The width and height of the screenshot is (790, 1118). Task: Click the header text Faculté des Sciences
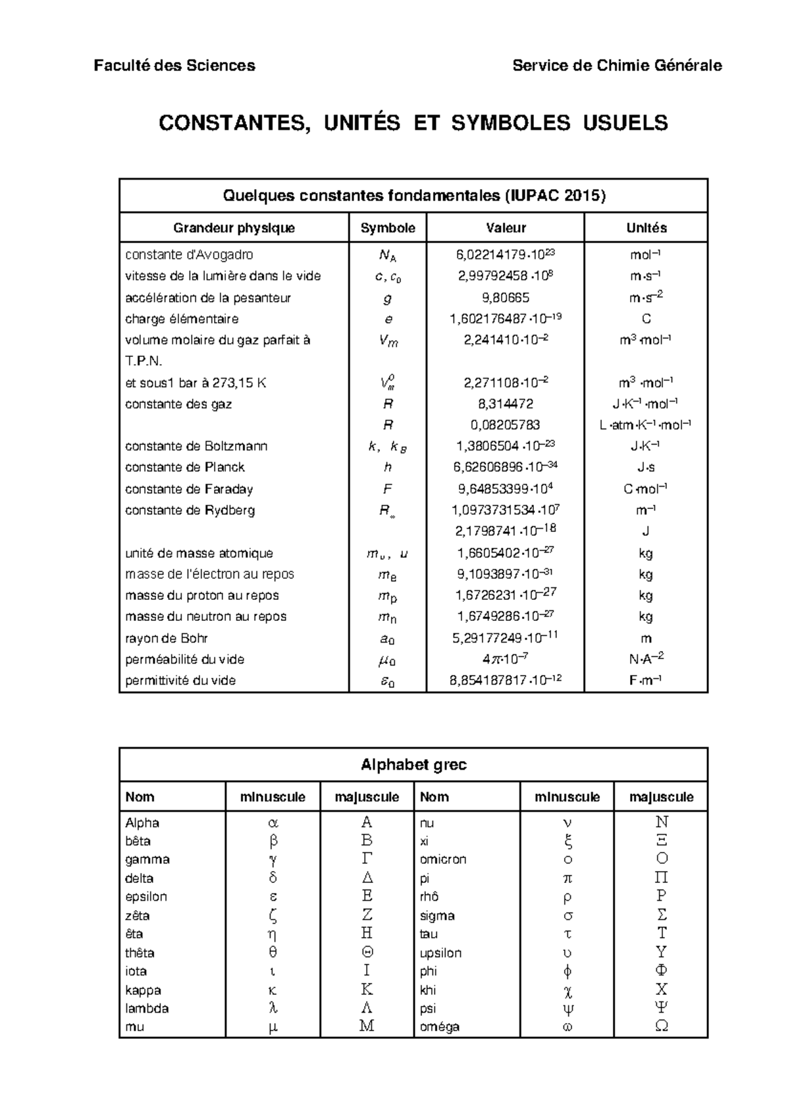click(x=174, y=66)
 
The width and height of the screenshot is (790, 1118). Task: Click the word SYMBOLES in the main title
click(x=510, y=123)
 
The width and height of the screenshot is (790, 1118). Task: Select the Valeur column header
click(x=506, y=228)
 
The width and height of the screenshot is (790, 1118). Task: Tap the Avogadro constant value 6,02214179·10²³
click(x=505, y=255)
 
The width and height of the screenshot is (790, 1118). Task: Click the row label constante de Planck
click(x=184, y=467)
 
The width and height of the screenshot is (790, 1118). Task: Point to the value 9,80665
click(x=505, y=298)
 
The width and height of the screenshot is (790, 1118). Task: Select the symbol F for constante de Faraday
click(x=387, y=489)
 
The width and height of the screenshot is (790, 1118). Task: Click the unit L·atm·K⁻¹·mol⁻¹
click(x=645, y=425)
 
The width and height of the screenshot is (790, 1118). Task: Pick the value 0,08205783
click(x=505, y=425)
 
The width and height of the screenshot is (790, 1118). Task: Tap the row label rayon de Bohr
click(x=167, y=638)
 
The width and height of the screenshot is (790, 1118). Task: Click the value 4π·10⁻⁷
click(x=505, y=659)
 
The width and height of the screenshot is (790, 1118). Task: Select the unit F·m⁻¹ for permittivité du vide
click(x=645, y=680)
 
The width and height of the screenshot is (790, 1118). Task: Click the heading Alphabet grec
click(x=413, y=764)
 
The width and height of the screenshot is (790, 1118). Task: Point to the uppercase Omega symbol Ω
click(x=662, y=1026)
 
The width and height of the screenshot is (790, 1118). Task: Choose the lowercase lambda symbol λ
click(x=273, y=1008)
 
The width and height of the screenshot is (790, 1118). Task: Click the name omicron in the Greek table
click(x=443, y=859)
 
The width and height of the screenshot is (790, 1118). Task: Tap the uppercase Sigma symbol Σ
click(x=662, y=915)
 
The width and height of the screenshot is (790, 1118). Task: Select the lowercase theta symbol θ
click(x=273, y=952)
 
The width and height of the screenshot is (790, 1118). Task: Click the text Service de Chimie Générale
click(x=617, y=66)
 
